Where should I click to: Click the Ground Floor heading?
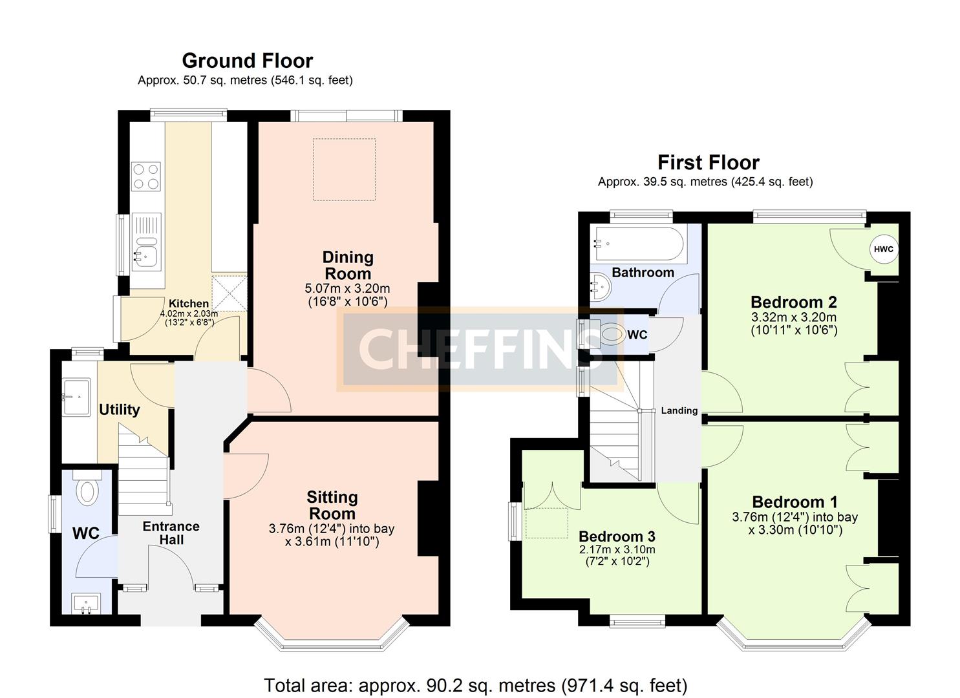[x=247, y=60]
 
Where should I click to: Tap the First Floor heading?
[x=708, y=162]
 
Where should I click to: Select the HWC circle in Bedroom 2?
[x=883, y=249]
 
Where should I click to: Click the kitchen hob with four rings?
[x=146, y=176]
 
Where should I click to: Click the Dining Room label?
[x=348, y=265]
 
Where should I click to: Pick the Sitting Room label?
[x=332, y=505]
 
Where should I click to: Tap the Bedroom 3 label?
[x=617, y=536]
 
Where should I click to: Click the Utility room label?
[x=119, y=410]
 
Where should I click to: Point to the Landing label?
[x=679, y=410]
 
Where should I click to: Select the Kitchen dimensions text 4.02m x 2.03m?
[x=189, y=314]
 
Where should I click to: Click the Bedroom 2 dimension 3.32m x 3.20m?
[x=794, y=317]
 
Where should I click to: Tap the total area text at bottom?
[x=475, y=685]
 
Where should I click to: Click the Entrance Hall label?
[x=171, y=533]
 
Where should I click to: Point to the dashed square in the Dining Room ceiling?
[x=344, y=169]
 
